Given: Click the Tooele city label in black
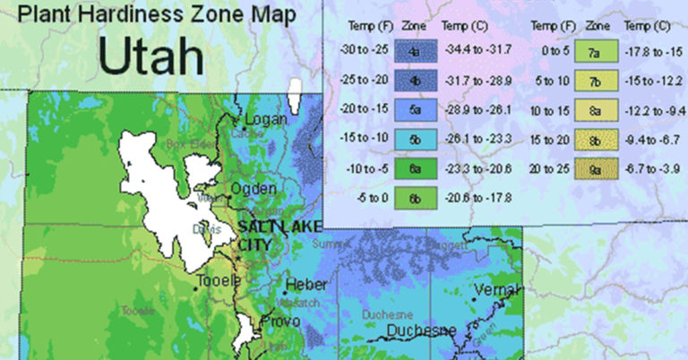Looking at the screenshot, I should click(x=219, y=281).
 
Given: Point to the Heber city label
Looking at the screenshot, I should click(x=305, y=285).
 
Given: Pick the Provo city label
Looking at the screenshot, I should click(x=279, y=321).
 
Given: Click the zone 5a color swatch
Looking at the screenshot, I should click(x=415, y=109).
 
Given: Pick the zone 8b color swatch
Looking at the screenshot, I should click(x=593, y=139).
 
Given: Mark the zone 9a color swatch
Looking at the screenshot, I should click(x=593, y=168).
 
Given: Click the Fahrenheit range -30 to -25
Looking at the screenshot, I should click(x=361, y=50).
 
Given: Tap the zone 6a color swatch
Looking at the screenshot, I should click(x=415, y=168).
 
